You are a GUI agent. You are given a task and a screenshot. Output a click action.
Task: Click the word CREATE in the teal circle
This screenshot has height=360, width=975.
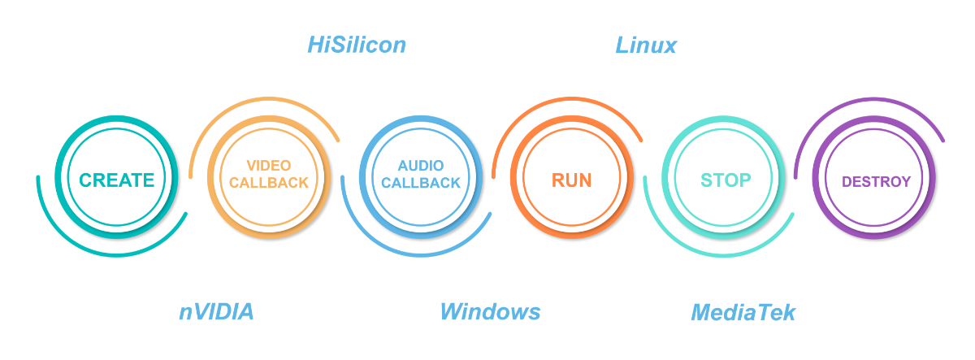pos(117,180)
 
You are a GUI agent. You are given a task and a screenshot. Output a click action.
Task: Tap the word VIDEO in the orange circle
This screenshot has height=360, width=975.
pos(269,166)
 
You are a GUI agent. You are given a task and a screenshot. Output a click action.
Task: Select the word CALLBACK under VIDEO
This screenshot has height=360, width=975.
pos(269,183)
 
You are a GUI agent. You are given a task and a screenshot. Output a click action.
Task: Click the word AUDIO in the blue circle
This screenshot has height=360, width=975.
pos(421,166)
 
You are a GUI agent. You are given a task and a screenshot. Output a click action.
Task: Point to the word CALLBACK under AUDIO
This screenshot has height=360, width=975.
pos(421,183)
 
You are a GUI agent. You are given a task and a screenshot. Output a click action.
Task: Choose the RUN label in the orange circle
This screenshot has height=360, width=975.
pos(572,180)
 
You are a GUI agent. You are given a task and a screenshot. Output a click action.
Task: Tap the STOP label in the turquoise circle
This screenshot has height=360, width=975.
pos(726,180)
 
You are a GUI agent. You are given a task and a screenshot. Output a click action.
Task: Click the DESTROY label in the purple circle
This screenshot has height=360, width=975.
pos(876,182)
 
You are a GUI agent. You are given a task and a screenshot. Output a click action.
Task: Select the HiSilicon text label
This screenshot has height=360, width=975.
pos(357,45)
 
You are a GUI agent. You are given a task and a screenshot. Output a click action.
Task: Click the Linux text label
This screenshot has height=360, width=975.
pos(646,45)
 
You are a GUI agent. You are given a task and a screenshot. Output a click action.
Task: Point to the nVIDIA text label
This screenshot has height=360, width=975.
pos(216,312)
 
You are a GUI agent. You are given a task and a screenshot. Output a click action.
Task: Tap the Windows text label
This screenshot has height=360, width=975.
pos(490,312)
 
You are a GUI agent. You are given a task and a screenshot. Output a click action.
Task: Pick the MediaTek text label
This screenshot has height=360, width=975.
pos(743,312)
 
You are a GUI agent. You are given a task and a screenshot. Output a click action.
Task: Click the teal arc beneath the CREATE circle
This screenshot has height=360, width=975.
pos(114,254)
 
